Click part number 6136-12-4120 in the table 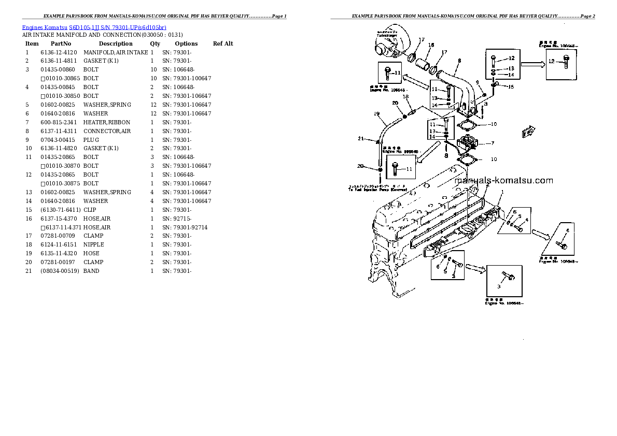(x=59, y=52)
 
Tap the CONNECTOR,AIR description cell (x=107, y=131)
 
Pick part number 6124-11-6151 (x=59, y=244)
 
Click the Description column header (x=116, y=43)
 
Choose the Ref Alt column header (x=223, y=43)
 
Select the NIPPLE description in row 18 (x=93, y=244)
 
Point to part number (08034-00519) (x=60, y=271)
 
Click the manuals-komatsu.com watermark (x=503, y=181)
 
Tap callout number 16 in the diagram (x=431, y=45)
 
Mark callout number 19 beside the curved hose (x=377, y=114)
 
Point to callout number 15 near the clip (x=511, y=86)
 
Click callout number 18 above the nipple (x=405, y=97)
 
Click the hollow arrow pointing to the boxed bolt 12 (x=532, y=64)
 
